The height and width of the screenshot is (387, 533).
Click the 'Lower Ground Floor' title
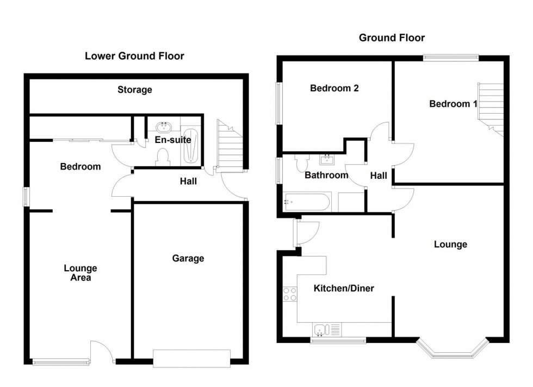[x=134, y=56]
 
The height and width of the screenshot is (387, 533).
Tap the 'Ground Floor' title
[x=392, y=38]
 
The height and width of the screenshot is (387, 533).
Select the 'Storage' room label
[x=134, y=90]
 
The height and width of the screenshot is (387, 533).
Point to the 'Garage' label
[x=188, y=258]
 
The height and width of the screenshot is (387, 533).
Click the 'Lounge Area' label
[x=80, y=273]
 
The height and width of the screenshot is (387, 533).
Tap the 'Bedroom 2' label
[x=334, y=88]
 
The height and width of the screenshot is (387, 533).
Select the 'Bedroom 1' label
[x=449, y=104]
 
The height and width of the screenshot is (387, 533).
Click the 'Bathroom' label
[x=326, y=175]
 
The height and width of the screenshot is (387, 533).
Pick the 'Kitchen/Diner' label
[x=344, y=288]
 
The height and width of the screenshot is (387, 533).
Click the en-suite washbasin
[x=164, y=127]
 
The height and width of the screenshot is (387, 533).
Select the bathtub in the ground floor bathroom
[x=307, y=202]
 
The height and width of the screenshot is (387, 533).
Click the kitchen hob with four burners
[x=290, y=294]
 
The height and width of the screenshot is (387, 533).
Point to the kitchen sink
[x=321, y=328]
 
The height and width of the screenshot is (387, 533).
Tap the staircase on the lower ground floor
[x=230, y=147]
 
